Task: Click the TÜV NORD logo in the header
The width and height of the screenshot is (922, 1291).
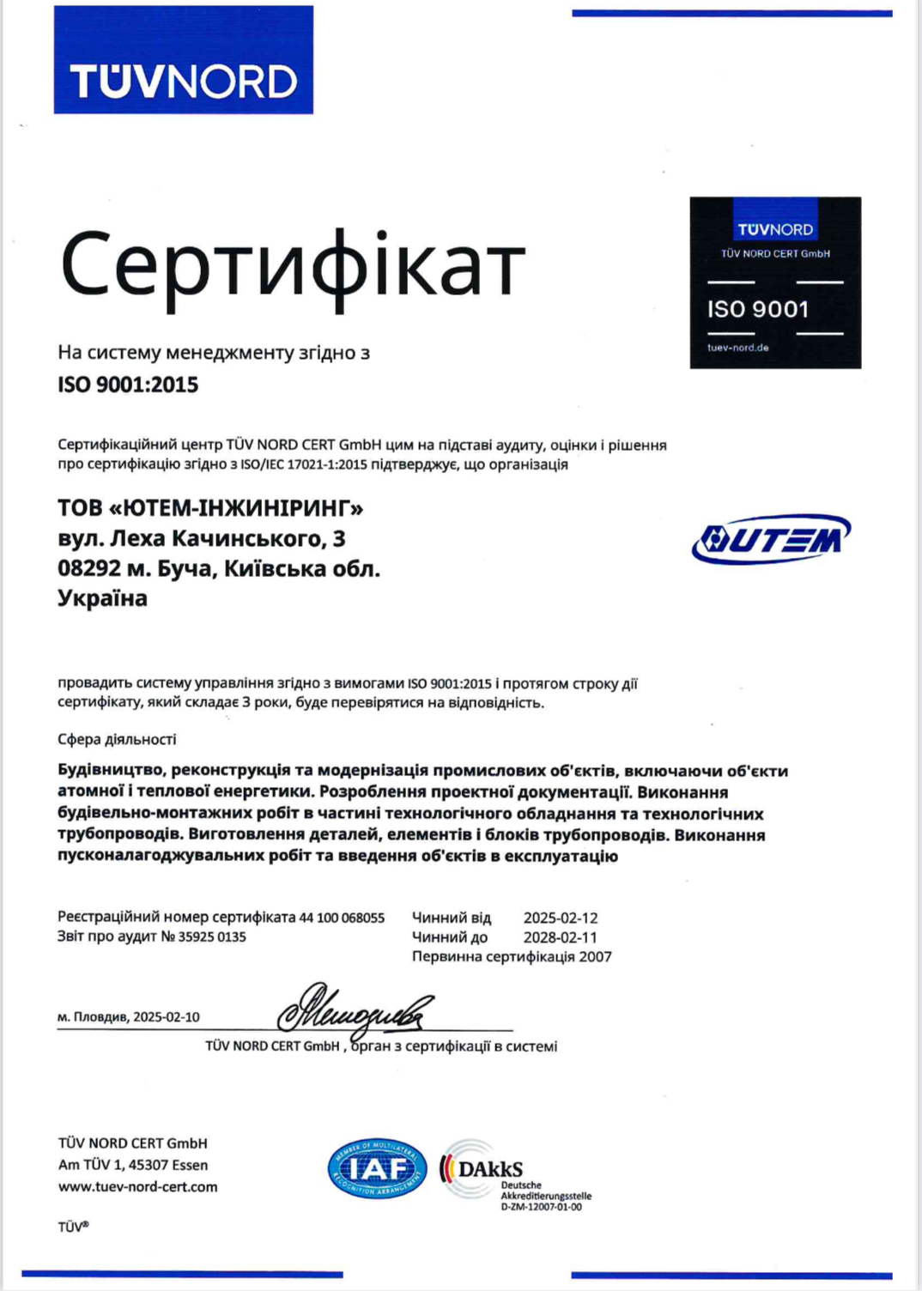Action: click(183, 60)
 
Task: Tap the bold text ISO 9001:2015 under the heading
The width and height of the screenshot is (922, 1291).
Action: click(128, 385)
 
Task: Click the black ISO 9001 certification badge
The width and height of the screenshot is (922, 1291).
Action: click(774, 282)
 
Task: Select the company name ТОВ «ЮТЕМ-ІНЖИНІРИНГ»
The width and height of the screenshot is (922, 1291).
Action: click(210, 508)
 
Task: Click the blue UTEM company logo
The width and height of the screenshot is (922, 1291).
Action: click(771, 539)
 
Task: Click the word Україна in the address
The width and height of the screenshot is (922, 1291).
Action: click(102, 598)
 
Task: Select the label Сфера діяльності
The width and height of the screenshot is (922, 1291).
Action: click(117, 739)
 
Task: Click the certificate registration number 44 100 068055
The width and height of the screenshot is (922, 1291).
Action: click(342, 918)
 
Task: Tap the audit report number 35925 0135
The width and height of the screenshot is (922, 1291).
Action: click(212, 936)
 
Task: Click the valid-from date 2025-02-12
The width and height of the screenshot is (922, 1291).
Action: click(561, 918)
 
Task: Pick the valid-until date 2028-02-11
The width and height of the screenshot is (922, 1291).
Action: click(561, 937)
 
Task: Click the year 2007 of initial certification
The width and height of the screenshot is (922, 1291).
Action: click(595, 956)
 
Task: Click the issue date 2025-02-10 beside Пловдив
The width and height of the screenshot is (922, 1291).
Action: click(167, 1017)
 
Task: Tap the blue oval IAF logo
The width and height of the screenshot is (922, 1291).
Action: click(377, 1169)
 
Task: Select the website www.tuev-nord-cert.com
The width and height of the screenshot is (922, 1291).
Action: click(137, 1186)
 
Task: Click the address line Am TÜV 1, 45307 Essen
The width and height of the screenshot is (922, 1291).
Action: click(133, 1165)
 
